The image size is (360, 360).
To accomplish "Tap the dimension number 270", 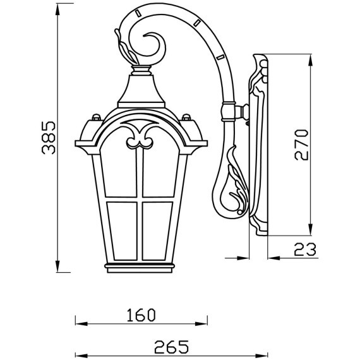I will (302, 144).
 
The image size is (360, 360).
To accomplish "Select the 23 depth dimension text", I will (304, 250).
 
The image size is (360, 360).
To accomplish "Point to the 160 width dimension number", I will (140, 314).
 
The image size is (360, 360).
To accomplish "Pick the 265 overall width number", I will (171, 346).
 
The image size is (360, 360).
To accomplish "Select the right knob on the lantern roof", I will (187, 117).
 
